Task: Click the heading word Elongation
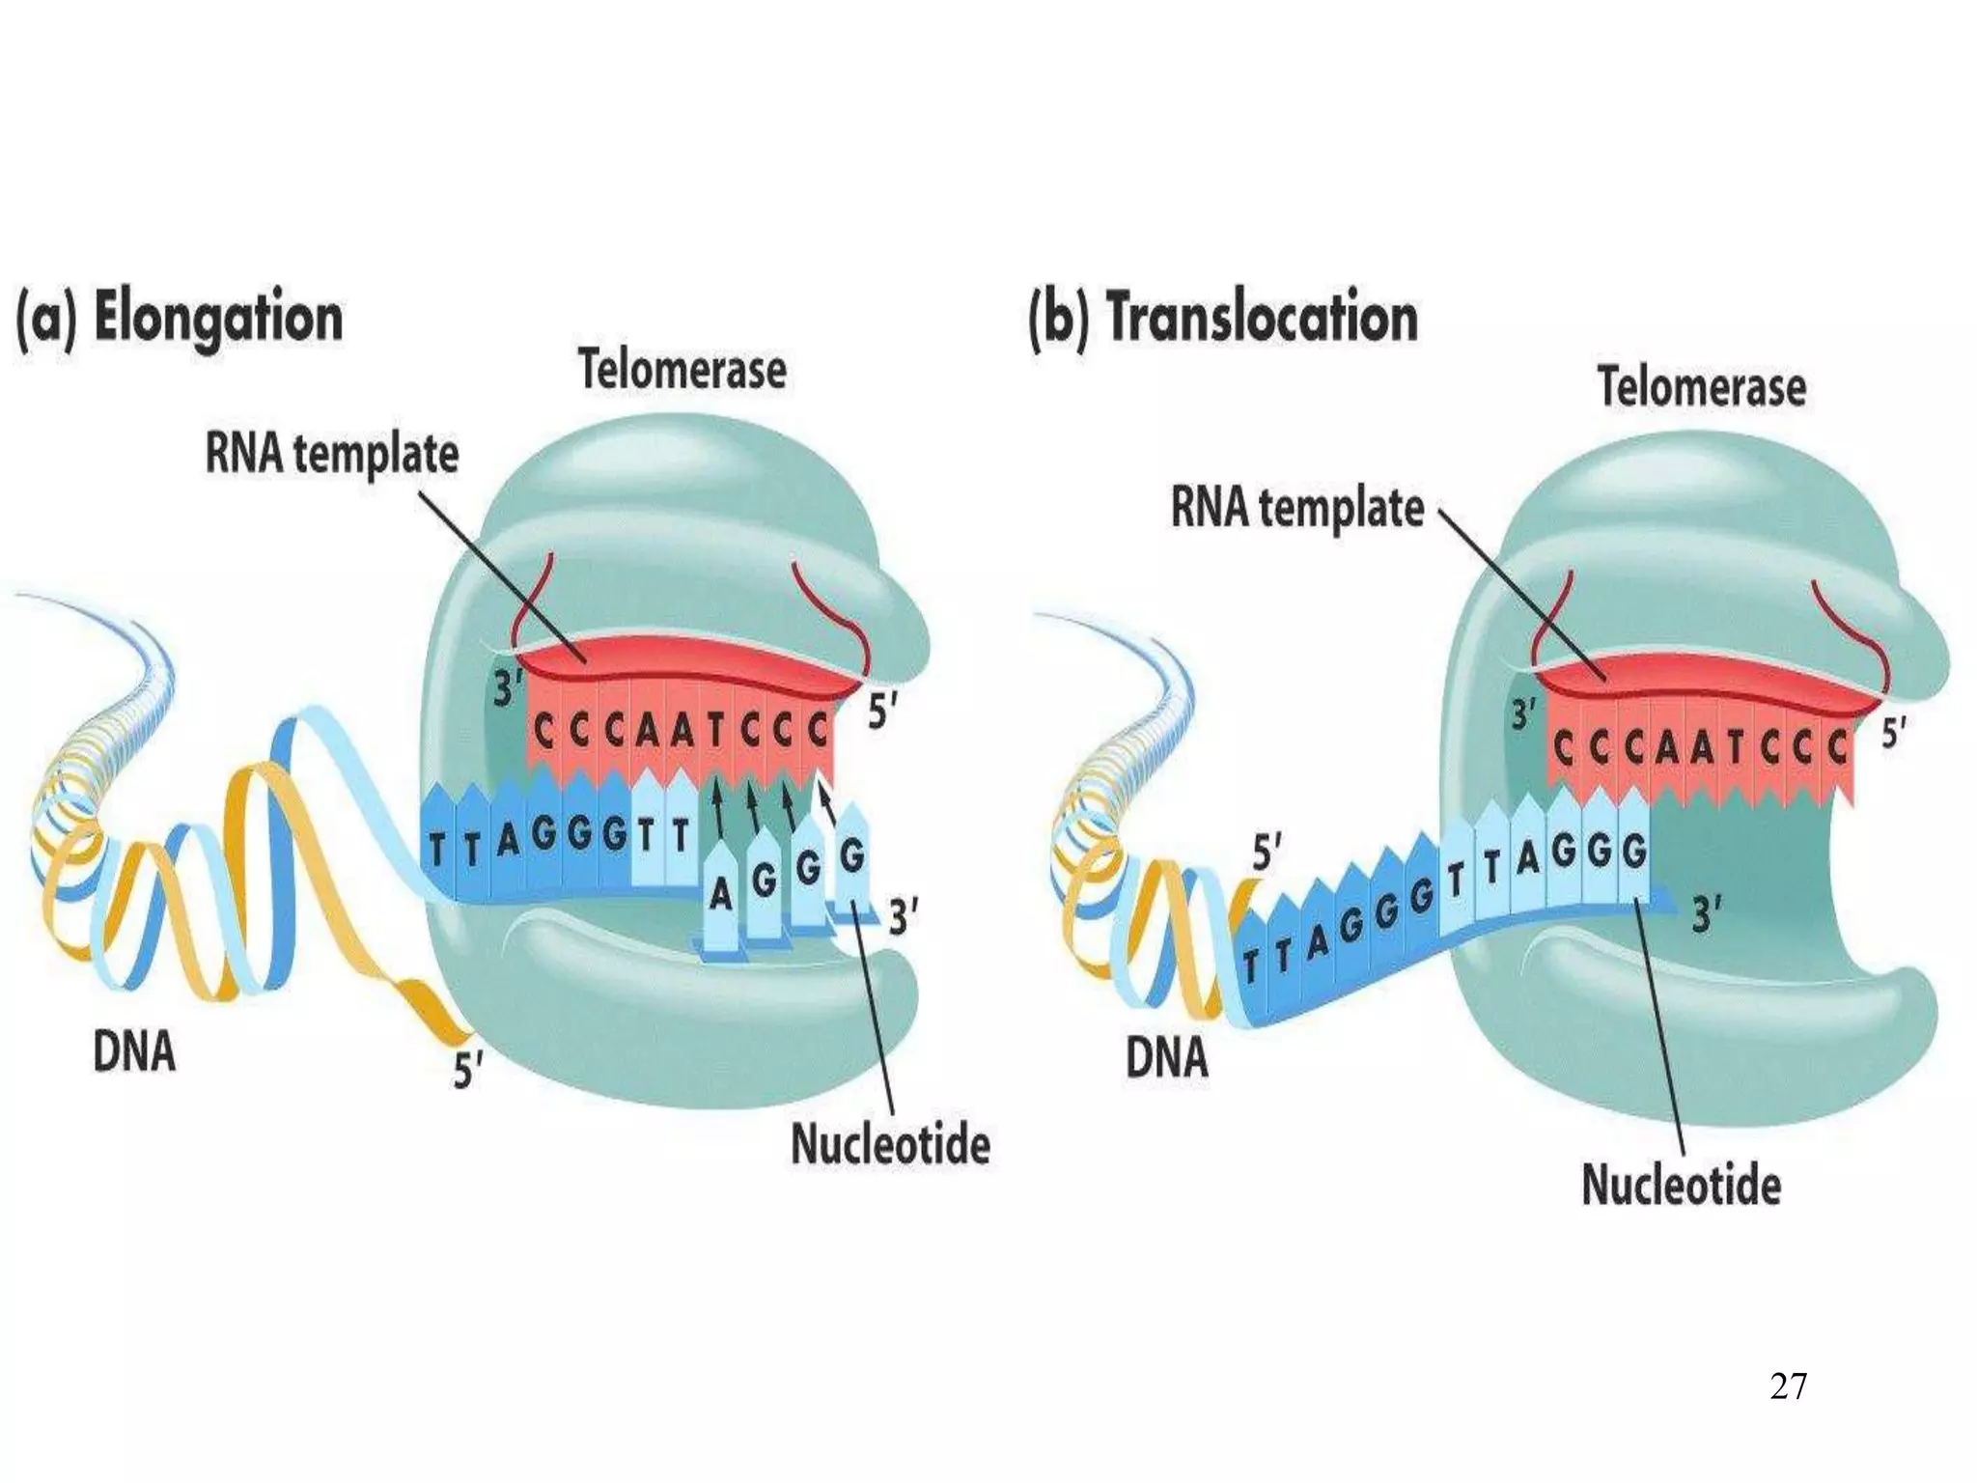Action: [x=218, y=320]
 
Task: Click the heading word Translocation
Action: [x=1263, y=318]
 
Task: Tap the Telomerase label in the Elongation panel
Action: [x=682, y=370]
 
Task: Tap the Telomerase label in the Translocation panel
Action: [x=1702, y=386]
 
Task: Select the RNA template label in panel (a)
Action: [x=332, y=455]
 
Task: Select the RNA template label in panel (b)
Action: [x=1297, y=508]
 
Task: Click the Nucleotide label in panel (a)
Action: [x=890, y=1145]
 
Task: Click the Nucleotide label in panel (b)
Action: [x=1681, y=1184]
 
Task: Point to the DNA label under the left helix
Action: [x=134, y=1051]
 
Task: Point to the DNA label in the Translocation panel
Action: [x=1166, y=1057]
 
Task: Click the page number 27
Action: [x=1789, y=1386]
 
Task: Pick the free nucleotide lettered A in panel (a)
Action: [x=720, y=896]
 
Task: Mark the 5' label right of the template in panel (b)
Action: [x=1894, y=735]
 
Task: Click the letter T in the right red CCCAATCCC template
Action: [x=1732, y=748]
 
